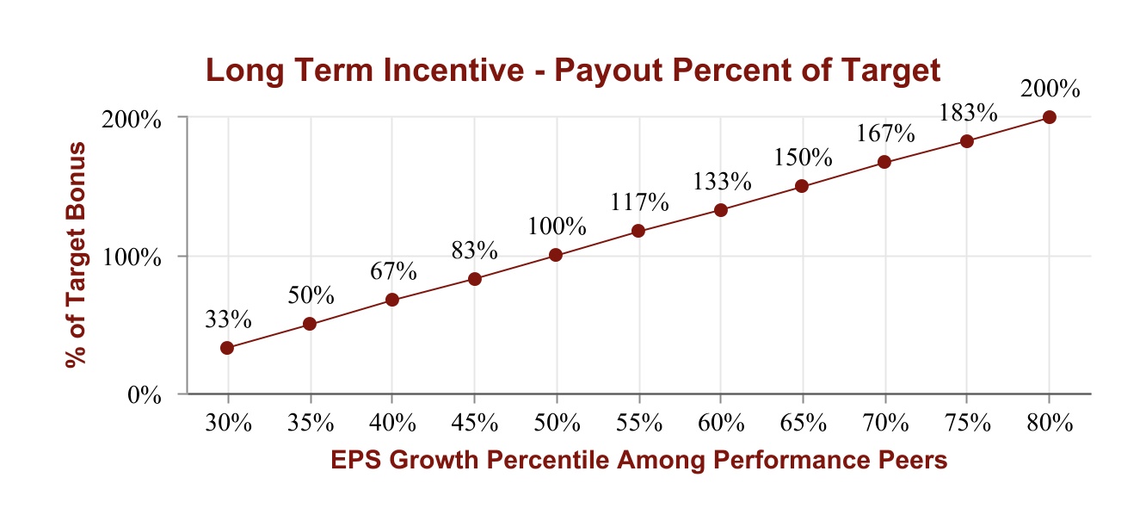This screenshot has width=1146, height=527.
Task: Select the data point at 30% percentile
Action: pyautogui.click(x=227, y=348)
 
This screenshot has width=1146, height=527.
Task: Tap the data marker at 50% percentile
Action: pyautogui.click(x=556, y=255)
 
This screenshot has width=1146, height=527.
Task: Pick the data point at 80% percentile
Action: pyautogui.click(x=1049, y=117)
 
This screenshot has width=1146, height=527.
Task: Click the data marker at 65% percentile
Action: pyautogui.click(x=802, y=186)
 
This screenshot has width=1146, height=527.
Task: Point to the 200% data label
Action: pyautogui.click(x=1049, y=89)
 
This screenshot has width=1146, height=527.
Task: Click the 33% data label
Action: pyautogui.click(x=227, y=319)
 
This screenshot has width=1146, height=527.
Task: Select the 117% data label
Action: pyautogui.click(x=638, y=202)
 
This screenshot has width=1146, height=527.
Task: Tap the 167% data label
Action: pyautogui.click(x=884, y=134)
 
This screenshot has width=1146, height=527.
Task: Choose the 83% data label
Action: pyautogui.click(x=474, y=251)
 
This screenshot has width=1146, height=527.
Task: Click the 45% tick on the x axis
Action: pyautogui.click(x=474, y=423)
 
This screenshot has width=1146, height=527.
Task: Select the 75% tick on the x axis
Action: pyautogui.click(x=967, y=423)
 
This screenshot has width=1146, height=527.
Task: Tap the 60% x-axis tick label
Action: pyautogui.click(x=720, y=423)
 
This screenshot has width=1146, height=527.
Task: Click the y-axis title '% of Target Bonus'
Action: pyautogui.click(x=77, y=256)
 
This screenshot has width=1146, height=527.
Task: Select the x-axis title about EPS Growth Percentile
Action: pyautogui.click(x=638, y=461)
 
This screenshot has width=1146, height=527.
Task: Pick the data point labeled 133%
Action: pyautogui.click(x=720, y=210)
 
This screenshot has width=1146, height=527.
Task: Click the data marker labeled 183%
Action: pyautogui.click(x=966, y=141)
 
